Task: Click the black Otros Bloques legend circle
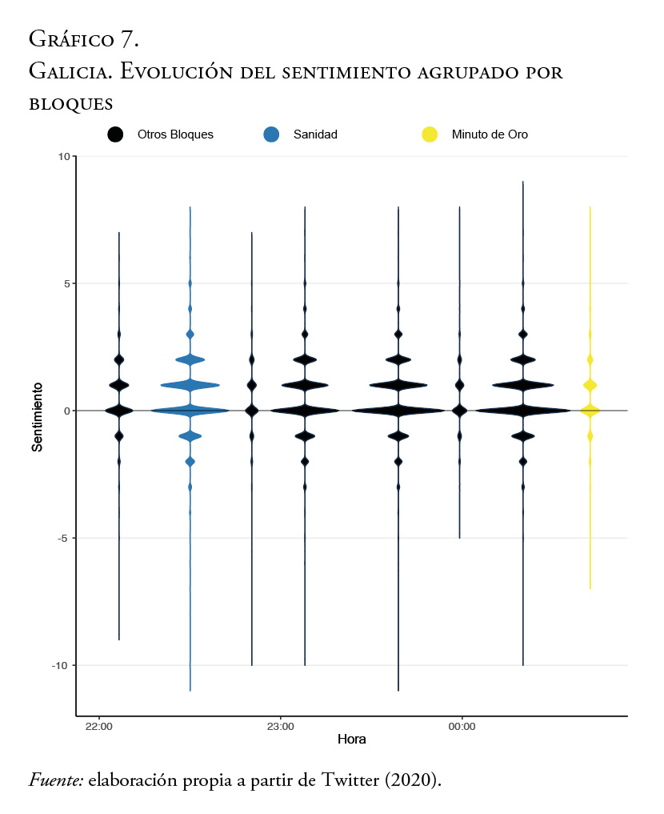pos(115,134)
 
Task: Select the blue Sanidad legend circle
pos(271,134)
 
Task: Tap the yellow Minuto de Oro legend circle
pos(430,134)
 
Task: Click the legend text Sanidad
pos(316,134)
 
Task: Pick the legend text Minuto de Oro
pos(490,134)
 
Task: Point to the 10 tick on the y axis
pos(62,156)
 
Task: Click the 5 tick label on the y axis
pos(65,283)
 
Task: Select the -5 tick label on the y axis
pos(63,538)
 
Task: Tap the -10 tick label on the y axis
pos(61,665)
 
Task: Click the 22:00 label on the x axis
pos(98,727)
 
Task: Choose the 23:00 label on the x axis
pos(280,727)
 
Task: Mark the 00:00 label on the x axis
pos(462,727)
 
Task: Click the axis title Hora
pos(351,739)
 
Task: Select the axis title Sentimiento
pos(37,416)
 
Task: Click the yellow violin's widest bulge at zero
pos(590,411)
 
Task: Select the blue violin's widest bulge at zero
pos(190,411)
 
